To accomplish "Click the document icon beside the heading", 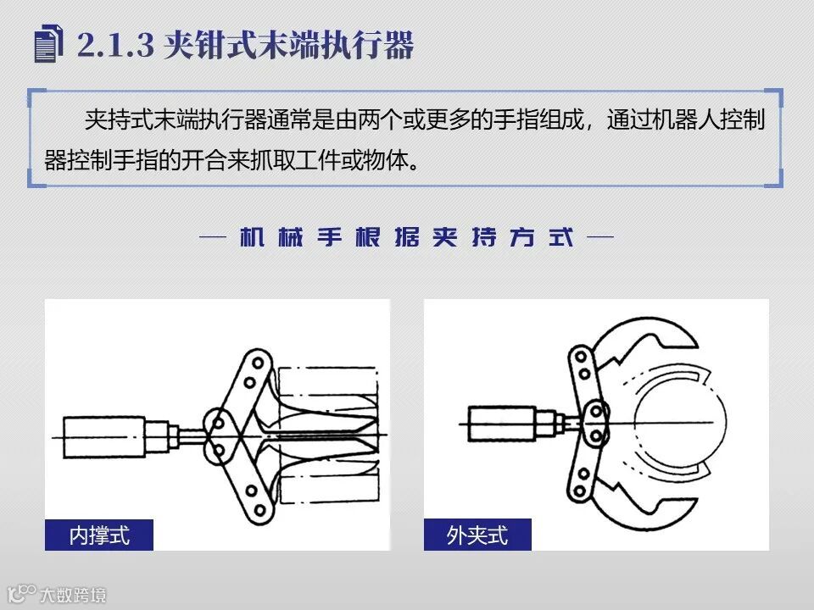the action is (48, 43).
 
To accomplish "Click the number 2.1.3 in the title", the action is (116, 45).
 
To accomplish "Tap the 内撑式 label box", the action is (99, 535).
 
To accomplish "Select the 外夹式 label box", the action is (477, 535).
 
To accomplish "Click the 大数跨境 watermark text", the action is (73, 595).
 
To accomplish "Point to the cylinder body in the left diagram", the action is (103, 437).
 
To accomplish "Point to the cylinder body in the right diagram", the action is (501, 424).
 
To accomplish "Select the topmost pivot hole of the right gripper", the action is (581, 357).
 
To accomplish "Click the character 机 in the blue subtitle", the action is (253, 237).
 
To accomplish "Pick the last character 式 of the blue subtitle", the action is (561, 237).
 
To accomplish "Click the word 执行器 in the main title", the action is (366, 45).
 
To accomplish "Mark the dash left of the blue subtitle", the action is (213, 237).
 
